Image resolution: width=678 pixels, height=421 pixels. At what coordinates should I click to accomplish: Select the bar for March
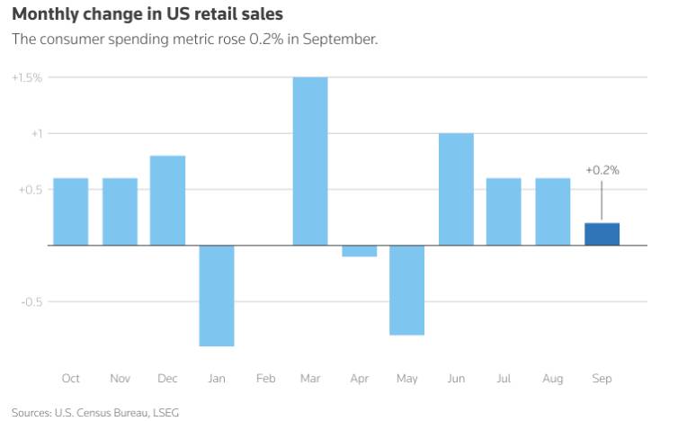coord(310,161)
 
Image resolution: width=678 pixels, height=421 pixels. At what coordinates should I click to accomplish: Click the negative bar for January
coord(217,295)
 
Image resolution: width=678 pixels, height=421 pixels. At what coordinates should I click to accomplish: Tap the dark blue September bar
coord(602,234)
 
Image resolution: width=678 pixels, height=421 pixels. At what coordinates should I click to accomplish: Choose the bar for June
coord(456,189)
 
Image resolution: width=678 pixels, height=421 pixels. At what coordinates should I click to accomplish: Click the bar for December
coord(167,200)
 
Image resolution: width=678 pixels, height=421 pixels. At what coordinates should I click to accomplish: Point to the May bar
coord(407,290)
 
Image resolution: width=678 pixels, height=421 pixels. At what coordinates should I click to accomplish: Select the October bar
coord(71,211)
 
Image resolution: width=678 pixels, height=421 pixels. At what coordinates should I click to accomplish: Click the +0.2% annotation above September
coord(602,169)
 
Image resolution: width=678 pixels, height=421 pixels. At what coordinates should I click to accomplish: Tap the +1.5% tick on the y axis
coord(27,78)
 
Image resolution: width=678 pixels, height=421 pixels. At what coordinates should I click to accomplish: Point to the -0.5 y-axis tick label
coord(31,302)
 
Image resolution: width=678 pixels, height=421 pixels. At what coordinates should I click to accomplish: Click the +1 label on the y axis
coord(35,134)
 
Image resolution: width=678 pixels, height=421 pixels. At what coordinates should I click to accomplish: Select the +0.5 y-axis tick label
coord(30,190)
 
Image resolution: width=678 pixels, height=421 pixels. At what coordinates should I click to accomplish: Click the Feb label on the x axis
coord(265,379)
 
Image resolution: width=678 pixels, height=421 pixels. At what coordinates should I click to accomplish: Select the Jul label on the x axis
coord(504,379)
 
